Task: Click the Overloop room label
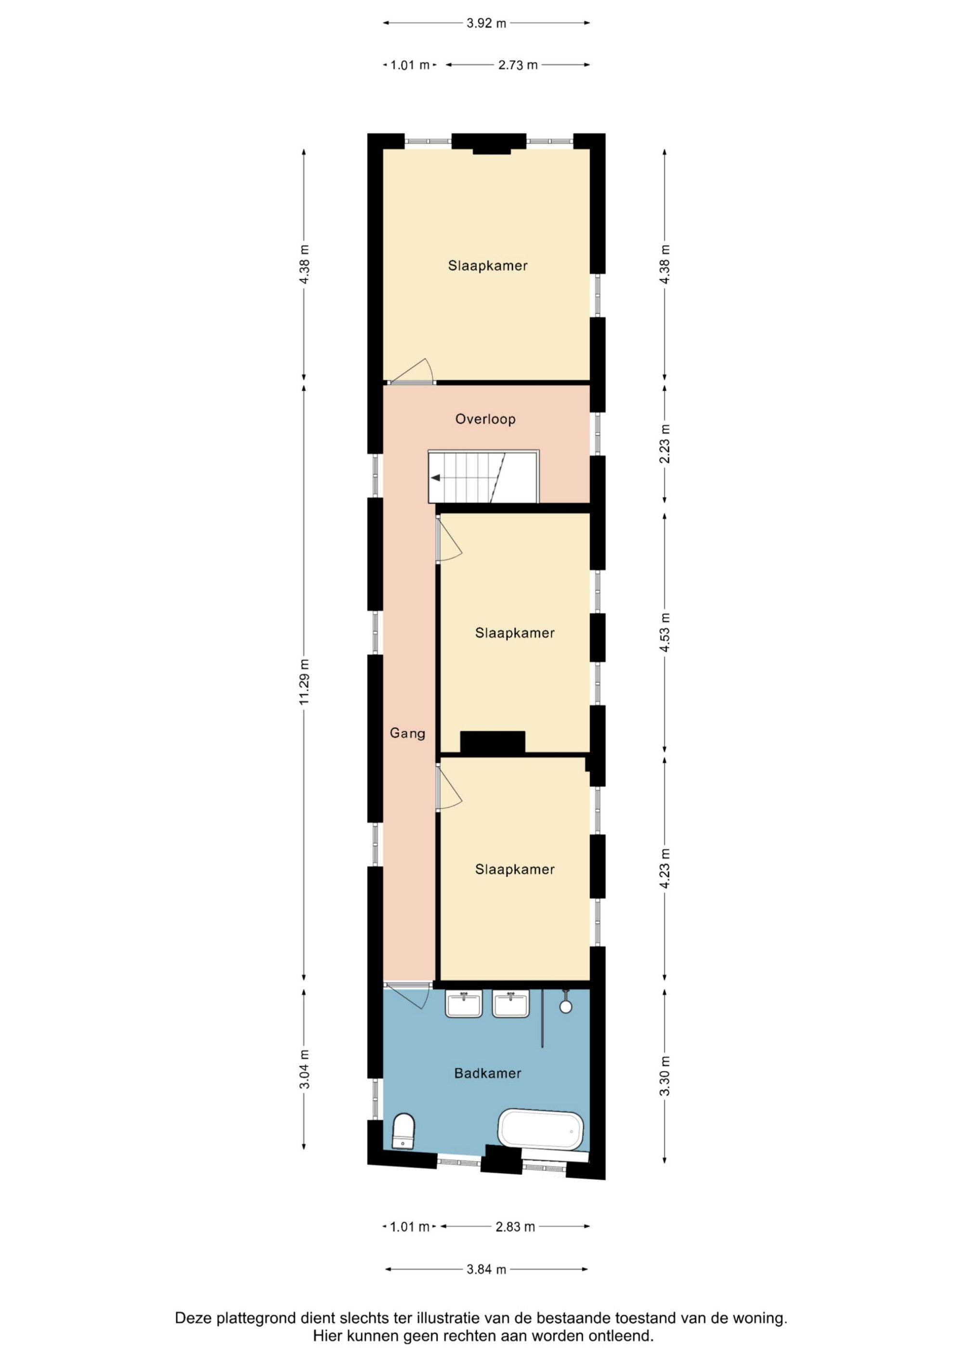click(x=485, y=419)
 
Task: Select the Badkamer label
click(x=487, y=1073)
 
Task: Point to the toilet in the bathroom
click(x=403, y=1131)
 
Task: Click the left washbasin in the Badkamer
click(x=464, y=1004)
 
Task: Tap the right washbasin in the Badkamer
click(x=511, y=1004)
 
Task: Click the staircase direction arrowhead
click(x=435, y=477)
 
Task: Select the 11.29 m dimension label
click(x=304, y=682)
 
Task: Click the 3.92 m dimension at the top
click(x=486, y=23)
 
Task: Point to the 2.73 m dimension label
click(x=518, y=65)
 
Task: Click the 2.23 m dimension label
click(x=664, y=444)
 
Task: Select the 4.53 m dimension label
click(x=664, y=632)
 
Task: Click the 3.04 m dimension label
click(x=304, y=1070)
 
